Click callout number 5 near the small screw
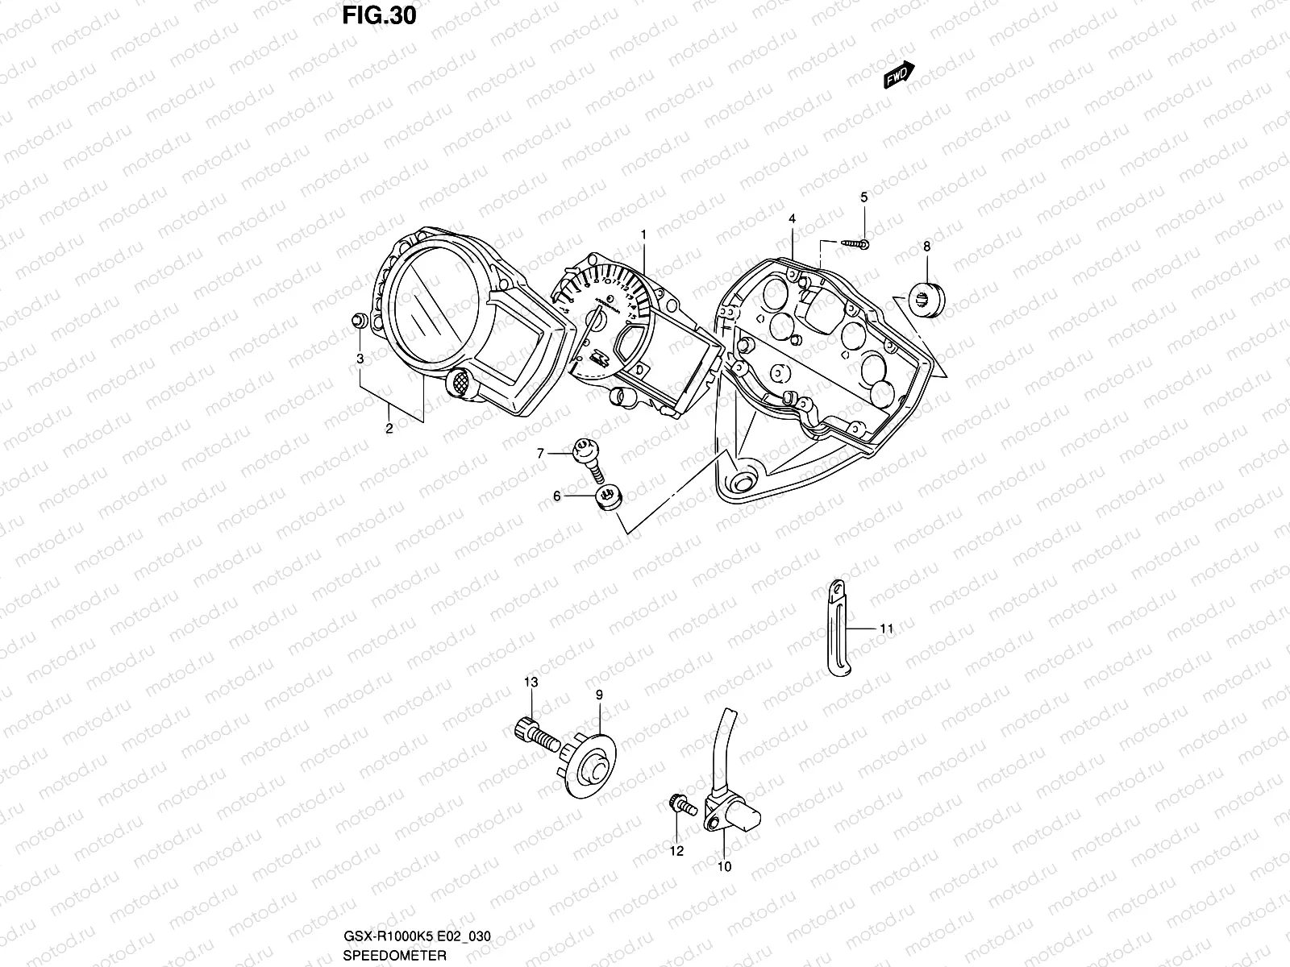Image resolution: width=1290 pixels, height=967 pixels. pos(864,197)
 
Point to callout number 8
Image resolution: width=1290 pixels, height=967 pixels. pos(926,247)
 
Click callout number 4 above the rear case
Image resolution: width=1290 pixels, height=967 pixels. pos(793,218)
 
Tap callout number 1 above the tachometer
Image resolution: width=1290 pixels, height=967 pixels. pos(644,234)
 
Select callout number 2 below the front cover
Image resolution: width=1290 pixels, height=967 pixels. pos(389,429)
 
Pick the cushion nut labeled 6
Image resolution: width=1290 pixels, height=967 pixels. pos(608,498)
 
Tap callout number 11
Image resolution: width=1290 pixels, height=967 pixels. pos(887,629)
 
